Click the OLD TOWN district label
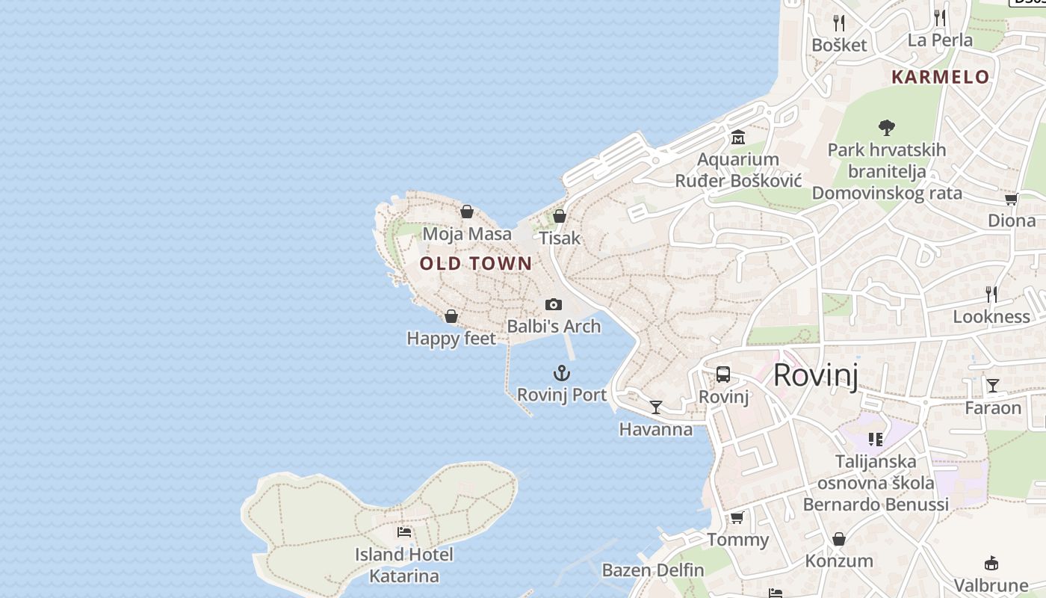[x=476, y=263]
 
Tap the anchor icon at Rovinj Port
[x=561, y=373]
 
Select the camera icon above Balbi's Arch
[x=554, y=304]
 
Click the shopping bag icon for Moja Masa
[x=467, y=212]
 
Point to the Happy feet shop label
[x=451, y=339]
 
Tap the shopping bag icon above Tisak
[x=560, y=216]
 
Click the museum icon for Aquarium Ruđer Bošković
[x=738, y=137]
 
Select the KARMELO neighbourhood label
[x=941, y=77]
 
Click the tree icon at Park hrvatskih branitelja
[x=887, y=127]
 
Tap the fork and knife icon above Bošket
[x=839, y=22]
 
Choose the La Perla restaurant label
[x=940, y=40]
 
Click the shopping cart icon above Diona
[x=1011, y=199]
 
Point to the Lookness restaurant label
[x=991, y=316]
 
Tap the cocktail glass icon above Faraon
[x=992, y=386]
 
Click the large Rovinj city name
[x=815, y=374]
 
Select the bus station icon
[x=723, y=374]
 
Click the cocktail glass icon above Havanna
[x=656, y=407]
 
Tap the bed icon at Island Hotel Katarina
[x=404, y=532]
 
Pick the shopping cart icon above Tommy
[x=737, y=517]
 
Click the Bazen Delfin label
[x=653, y=570]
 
